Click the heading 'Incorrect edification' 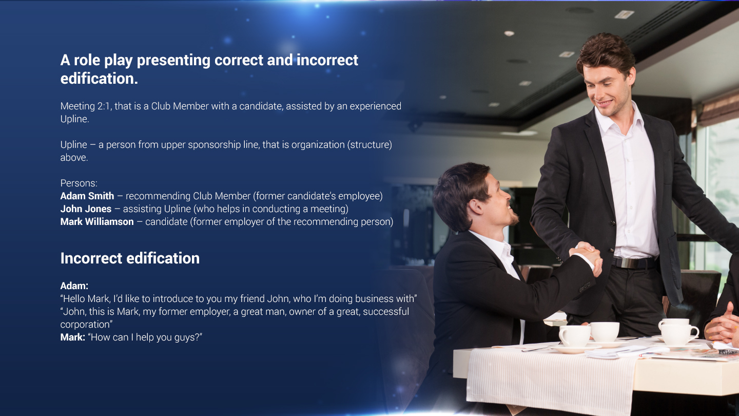pyautogui.click(x=130, y=258)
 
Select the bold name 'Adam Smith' pyautogui.click(x=87, y=196)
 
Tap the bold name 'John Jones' pyautogui.click(x=86, y=209)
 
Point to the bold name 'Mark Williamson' pyautogui.click(x=97, y=221)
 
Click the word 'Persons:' pyautogui.click(x=79, y=183)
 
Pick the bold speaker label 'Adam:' pyautogui.click(x=74, y=286)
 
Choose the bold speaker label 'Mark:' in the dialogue pyautogui.click(x=72, y=337)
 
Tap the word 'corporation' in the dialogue pyautogui.click(x=85, y=325)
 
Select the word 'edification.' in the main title pyautogui.click(x=99, y=79)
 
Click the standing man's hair pyautogui.click(x=606, y=53)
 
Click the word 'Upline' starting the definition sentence pyautogui.click(x=73, y=145)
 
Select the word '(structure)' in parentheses pyautogui.click(x=369, y=145)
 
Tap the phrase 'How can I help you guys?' pyautogui.click(x=145, y=337)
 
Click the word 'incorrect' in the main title pyautogui.click(x=327, y=60)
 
